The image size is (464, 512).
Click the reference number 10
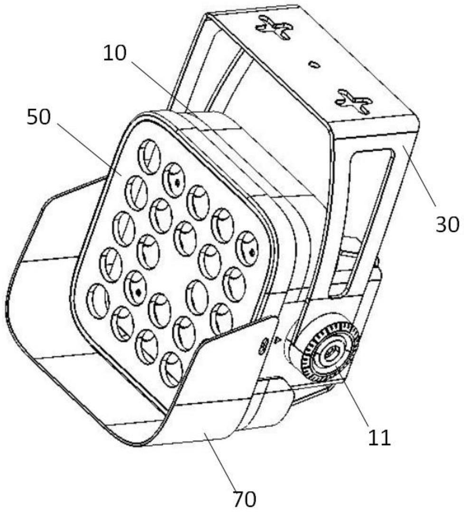[114, 53]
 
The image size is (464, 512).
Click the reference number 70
[244, 498]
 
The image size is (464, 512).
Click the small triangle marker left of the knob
[277, 340]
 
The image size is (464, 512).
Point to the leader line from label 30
[419, 176]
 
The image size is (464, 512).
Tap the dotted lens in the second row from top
[174, 180]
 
